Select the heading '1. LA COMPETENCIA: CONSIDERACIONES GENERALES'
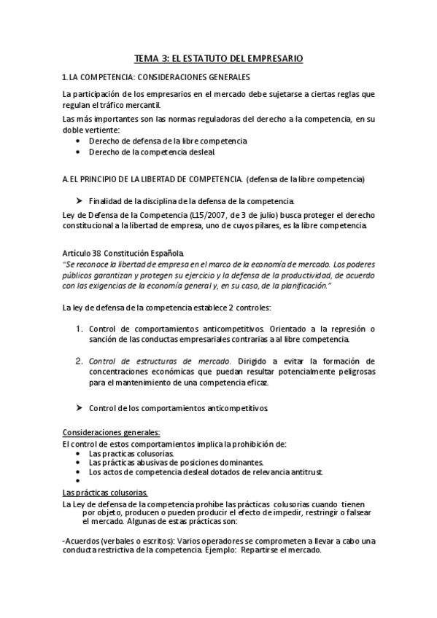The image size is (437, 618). pyautogui.click(x=156, y=77)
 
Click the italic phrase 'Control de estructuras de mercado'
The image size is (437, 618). pyautogui.click(x=159, y=361)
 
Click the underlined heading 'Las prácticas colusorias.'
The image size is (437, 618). pyautogui.click(x=105, y=492)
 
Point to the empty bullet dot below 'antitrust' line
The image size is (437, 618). pyautogui.click(x=79, y=481)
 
